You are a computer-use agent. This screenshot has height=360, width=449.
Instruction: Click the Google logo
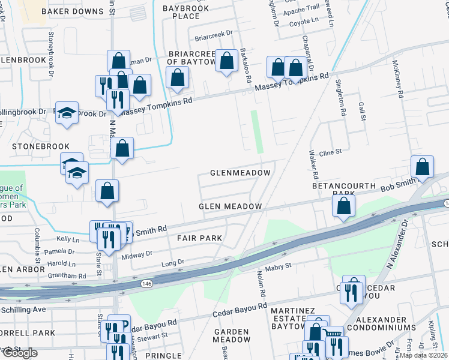(x=19, y=353)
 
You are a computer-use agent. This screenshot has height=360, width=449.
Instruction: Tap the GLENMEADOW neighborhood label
(x=240, y=173)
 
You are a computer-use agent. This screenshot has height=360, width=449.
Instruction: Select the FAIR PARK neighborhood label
(x=199, y=238)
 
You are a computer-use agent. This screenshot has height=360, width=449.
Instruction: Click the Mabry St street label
(x=278, y=265)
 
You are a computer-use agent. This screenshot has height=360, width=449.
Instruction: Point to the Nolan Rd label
(x=262, y=286)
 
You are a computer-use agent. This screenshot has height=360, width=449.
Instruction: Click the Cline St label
(x=330, y=152)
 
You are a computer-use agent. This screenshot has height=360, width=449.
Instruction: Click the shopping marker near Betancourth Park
(x=343, y=205)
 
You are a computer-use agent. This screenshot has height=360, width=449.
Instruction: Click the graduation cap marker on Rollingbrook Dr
(x=67, y=113)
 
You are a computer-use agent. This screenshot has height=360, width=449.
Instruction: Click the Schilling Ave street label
(x=23, y=310)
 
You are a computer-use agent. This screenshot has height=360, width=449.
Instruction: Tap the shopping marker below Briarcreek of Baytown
(x=178, y=77)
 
